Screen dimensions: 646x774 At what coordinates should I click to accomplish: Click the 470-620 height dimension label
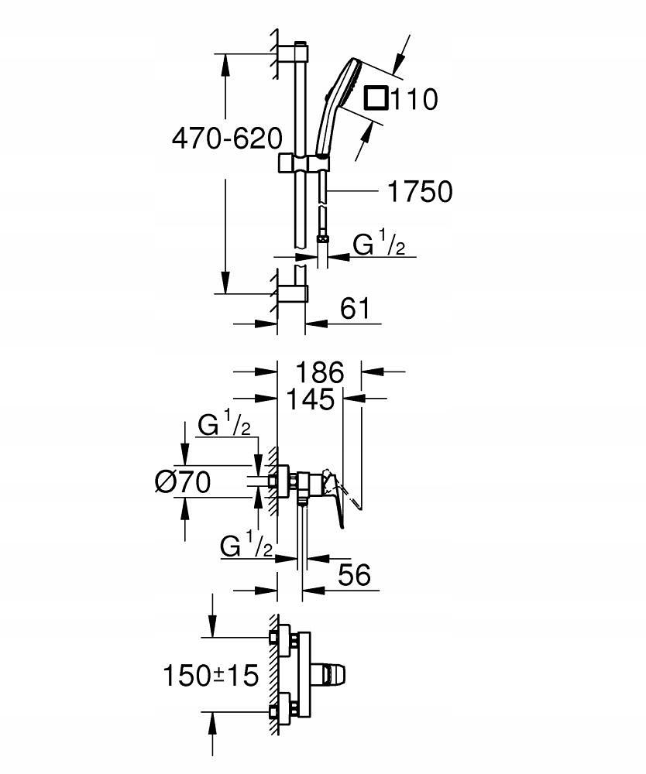(x=227, y=139)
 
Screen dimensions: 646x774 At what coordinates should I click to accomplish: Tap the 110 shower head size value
(x=414, y=99)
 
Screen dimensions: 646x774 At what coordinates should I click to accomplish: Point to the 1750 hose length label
(x=420, y=191)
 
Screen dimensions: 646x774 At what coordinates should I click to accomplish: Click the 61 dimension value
(x=355, y=309)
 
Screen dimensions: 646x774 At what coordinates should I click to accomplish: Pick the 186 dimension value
(x=320, y=372)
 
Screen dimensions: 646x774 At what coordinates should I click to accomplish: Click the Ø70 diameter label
(x=182, y=481)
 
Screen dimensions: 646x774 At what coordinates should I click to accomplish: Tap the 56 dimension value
(x=354, y=574)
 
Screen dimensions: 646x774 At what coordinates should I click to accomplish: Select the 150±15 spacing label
(x=211, y=675)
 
